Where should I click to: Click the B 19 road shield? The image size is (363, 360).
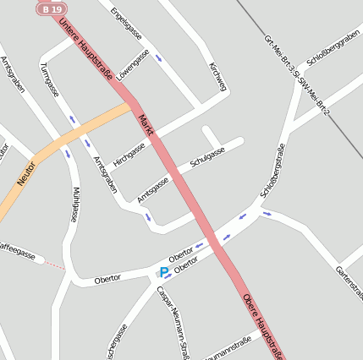[x=50, y=8]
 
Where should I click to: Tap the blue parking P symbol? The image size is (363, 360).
[x=163, y=272]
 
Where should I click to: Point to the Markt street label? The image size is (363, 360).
[x=146, y=126]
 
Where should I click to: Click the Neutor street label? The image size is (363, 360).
[x=26, y=174]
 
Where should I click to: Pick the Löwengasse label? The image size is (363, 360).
[x=133, y=64]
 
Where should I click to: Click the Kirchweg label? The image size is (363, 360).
[x=217, y=76]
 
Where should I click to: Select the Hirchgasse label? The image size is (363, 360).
[x=129, y=154]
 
